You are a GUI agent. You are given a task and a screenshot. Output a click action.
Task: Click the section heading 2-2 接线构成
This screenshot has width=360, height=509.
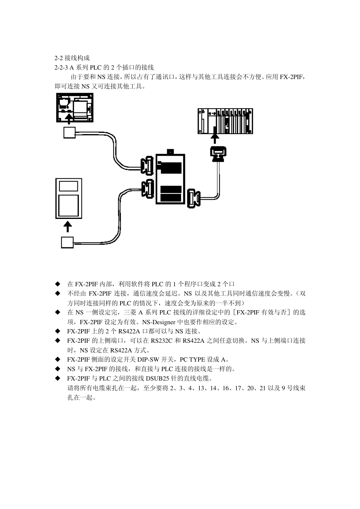pyautogui.click(x=72, y=58)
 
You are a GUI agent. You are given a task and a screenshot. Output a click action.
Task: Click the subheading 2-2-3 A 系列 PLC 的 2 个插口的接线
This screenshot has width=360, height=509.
pyautogui.click(x=104, y=67)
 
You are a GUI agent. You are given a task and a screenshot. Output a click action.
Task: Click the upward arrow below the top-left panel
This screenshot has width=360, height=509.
pyautogui.click(x=68, y=120)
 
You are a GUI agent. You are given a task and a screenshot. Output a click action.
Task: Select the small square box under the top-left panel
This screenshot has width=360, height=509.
pyautogui.click(x=69, y=133)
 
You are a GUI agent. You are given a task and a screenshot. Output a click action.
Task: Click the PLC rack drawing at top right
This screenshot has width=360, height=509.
pyautogui.click(x=225, y=121)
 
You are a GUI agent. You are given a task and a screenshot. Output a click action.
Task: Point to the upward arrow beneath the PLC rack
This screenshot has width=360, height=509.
pyautogui.click(x=216, y=138)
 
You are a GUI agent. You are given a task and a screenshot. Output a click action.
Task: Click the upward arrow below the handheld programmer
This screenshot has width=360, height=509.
pyautogui.click(x=68, y=227)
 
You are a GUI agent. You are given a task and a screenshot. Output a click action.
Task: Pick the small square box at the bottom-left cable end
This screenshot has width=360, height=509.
pyautogui.click(x=67, y=242)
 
